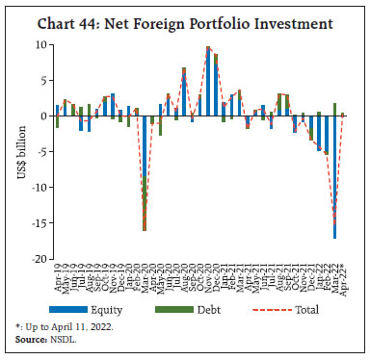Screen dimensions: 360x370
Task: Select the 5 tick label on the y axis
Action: click(42, 80)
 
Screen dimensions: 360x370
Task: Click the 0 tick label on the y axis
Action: click(42, 116)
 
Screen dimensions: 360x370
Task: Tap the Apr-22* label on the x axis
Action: click(343, 276)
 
